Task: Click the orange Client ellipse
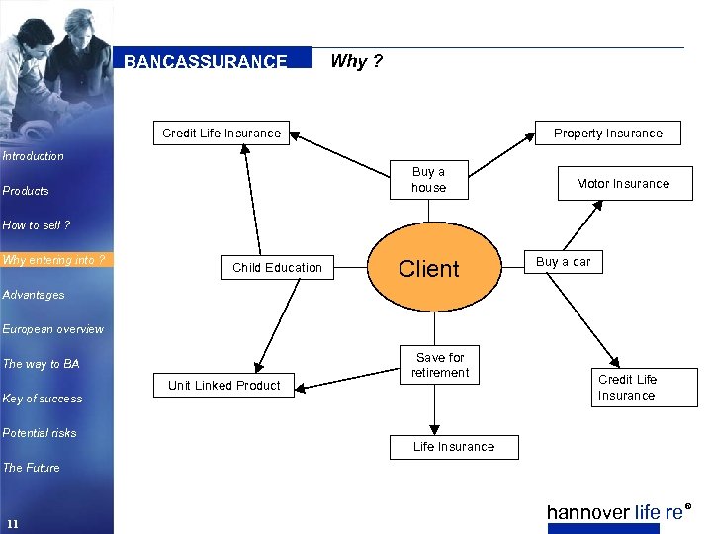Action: [x=428, y=268]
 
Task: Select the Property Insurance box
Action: [x=607, y=133]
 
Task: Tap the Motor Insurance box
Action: [x=622, y=184]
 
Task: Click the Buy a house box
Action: [x=428, y=180]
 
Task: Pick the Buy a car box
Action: [x=563, y=262]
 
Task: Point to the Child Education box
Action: [x=277, y=267]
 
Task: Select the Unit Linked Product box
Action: [x=223, y=386]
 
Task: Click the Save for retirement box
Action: [x=440, y=365]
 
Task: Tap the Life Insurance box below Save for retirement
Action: [x=453, y=447]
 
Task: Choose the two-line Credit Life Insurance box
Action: [x=626, y=388]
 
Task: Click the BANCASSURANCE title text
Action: [x=206, y=61]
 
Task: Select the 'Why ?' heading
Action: [x=356, y=61]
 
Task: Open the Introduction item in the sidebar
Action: [x=33, y=156]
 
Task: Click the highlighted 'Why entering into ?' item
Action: [x=53, y=260]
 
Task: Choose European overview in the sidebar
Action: [x=52, y=329]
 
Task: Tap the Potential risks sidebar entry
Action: [x=40, y=433]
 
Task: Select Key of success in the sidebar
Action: [x=43, y=399]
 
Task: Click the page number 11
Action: [x=12, y=523]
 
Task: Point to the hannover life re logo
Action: [x=617, y=512]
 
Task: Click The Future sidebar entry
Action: [x=31, y=468]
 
